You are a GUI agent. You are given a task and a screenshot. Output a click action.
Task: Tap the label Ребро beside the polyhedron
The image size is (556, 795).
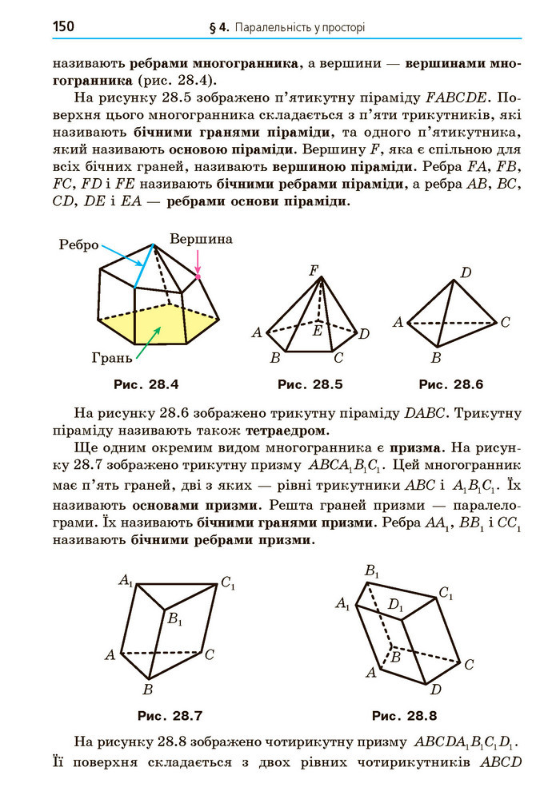click(78, 245)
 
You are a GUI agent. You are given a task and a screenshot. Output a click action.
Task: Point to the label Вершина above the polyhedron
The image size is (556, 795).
click(201, 239)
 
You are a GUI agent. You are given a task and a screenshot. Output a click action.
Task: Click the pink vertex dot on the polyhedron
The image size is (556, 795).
click(198, 276)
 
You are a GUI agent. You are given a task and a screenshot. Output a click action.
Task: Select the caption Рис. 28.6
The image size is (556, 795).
click(451, 384)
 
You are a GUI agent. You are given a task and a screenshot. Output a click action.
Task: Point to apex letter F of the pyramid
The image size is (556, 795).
click(314, 270)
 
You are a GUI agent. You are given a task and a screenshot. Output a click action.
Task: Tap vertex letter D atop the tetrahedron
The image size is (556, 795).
click(465, 273)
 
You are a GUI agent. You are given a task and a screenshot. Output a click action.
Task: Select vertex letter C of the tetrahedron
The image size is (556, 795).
click(505, 324)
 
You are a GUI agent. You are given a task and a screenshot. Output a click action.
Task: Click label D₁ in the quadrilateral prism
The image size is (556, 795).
click(395, 605)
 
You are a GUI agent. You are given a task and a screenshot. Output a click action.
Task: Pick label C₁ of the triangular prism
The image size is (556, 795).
click(229, 584)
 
